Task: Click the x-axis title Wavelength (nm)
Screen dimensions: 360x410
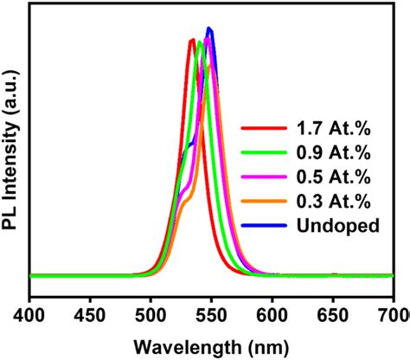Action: (211, 344)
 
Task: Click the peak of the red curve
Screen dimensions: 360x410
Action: (191, 40)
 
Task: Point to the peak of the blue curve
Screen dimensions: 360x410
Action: (209, 29)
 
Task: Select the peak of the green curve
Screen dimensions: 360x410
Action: (200, 42)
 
